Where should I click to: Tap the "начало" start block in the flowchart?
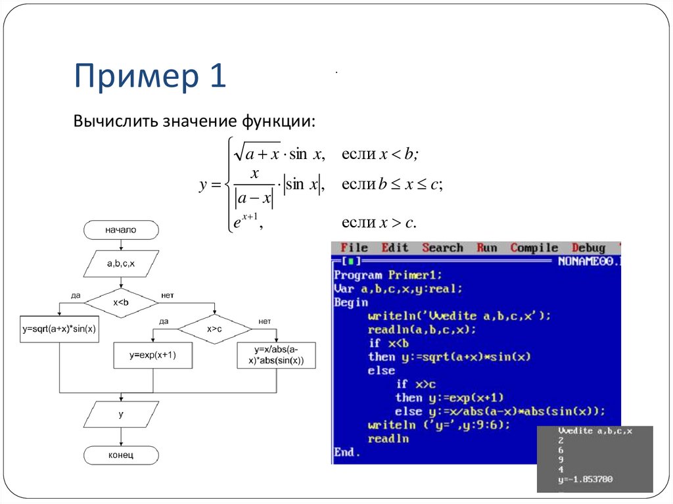(121, 230)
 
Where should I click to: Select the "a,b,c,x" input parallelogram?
(121, 264)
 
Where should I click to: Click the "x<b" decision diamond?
(121, 303)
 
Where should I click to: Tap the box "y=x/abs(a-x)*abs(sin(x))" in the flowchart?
(276, 355)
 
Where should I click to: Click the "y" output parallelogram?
(121, 415)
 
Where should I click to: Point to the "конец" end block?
(121, 455)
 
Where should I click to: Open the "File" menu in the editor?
(354, 248)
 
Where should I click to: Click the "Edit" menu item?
(394, 248)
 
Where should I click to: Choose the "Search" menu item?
(442, 248)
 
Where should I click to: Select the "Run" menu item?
(487, 248)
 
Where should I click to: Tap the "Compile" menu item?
(534, 248)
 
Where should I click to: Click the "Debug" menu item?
(588, 248)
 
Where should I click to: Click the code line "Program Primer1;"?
(388, 275)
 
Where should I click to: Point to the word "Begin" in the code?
(351, 302)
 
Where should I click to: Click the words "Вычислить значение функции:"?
(195, 122)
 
